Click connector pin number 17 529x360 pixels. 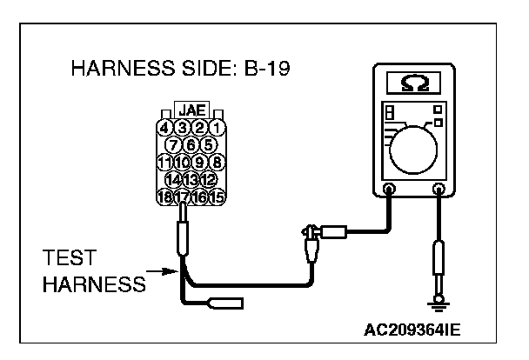click(183, 197)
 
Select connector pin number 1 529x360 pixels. click(217, 128)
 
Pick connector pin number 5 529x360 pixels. click(208, 144)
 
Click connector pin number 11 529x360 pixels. click(164, 162)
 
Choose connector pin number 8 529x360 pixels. click(218, 162)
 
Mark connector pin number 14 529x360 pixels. click(174, 179)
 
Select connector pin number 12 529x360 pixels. click(208, 179)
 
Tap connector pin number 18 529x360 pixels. click(164, 197)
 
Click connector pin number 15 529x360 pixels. click(218, 197)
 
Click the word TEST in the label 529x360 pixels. click(69, 260)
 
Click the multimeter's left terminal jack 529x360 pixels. click(388, 189)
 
